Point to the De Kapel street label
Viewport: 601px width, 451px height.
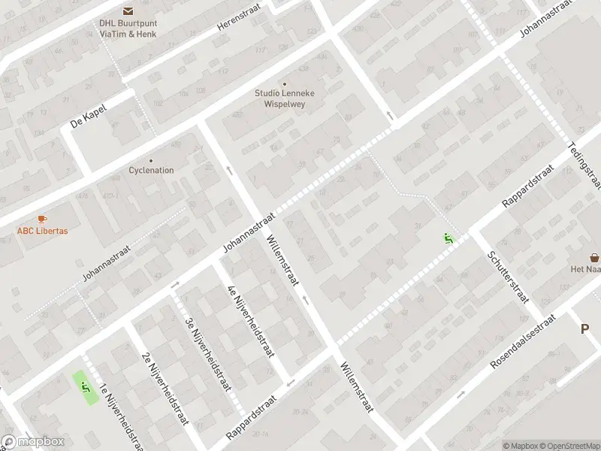(x=89, y=117)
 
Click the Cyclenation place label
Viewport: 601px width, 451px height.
(x=151, y=170)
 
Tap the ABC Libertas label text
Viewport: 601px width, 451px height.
(x=43, y=231)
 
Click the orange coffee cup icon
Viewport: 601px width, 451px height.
(x=42, y=219)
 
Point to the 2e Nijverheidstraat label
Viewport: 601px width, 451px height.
(x=164, y=388)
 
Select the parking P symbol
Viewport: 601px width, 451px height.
(x=584, y=328)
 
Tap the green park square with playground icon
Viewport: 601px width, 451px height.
(x=85, y=386)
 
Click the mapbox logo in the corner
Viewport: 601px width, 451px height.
(x=32, y=442)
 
